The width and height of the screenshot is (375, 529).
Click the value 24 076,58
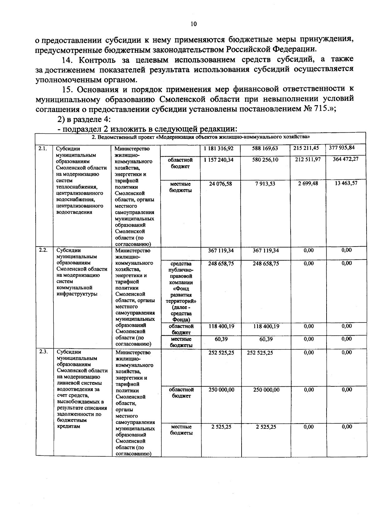221,184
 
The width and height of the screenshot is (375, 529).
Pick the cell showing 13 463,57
346,183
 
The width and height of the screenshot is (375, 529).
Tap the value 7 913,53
265,184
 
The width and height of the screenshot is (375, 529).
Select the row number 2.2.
43,250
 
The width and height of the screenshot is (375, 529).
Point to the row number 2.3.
43,352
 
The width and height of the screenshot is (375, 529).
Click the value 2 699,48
308,183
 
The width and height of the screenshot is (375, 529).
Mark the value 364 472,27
345,159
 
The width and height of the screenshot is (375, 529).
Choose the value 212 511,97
308,159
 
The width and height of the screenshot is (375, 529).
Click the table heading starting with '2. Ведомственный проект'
200,137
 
